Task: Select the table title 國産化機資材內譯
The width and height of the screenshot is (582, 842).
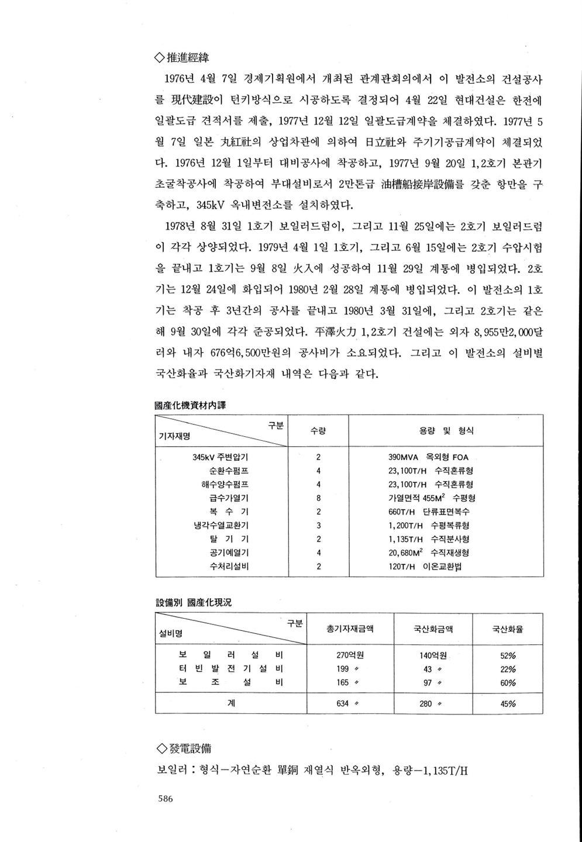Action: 190,405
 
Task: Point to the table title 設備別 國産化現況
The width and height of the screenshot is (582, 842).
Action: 194,602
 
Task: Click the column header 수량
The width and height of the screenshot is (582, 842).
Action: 318,431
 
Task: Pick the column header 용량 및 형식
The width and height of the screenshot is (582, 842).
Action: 446,431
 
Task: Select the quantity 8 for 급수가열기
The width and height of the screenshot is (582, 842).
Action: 318,498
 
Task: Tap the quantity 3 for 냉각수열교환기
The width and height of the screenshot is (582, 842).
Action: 318,526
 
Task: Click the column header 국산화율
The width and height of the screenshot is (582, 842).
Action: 508,630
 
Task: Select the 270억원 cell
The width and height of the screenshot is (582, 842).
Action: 350,655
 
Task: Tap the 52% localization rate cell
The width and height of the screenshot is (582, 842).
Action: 508,655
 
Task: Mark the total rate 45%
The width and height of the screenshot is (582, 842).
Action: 508,704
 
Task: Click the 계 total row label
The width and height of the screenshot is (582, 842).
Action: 231,704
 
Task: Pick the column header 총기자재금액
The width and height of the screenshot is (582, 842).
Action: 350,630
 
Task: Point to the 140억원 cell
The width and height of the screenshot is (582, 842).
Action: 433,655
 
